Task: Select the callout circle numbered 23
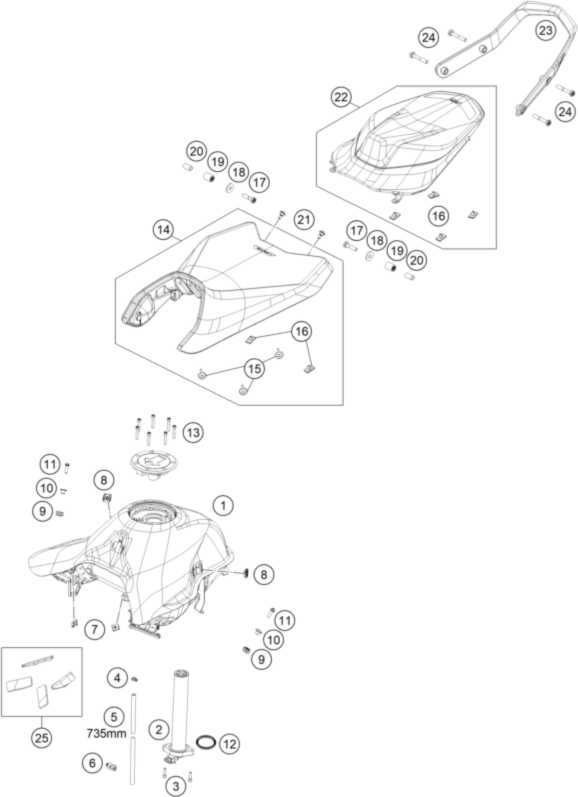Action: pyautogui.click(x=546, y=31)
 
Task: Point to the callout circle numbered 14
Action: pyautogui.click(x=164, y=230)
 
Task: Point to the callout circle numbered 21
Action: pyautogui.click(x=305, y=220)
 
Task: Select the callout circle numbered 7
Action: pyautogui.click(x=94, y=629)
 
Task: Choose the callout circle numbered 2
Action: pyautogui.click(x=159, y=730)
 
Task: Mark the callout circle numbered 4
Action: pyautogui.click(x=117, y=677)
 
